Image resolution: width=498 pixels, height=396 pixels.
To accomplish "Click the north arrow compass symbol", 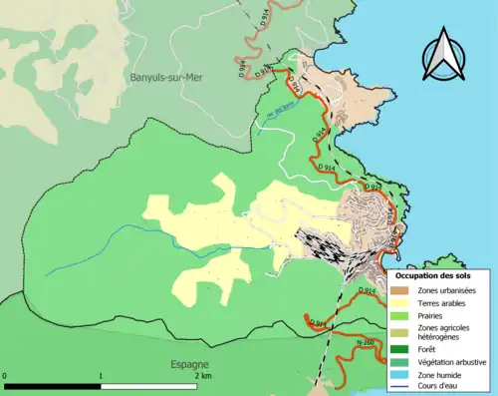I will (x=444, y=58).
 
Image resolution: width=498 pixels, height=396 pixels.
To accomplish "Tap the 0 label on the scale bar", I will (x=6, y=377).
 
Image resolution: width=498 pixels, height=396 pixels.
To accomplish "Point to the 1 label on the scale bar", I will (x=102, y=377).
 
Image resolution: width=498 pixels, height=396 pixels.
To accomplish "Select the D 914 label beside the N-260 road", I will (x=318, y=323).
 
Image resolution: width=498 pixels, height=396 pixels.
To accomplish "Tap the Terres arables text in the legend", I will (x=444, y=303).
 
